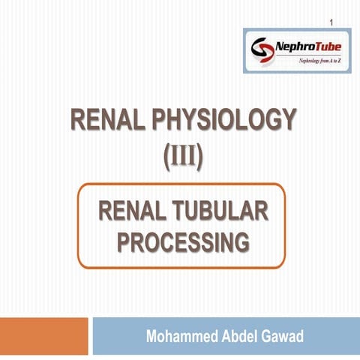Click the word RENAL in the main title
(x=108, y=119)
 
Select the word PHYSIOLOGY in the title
(x=224, y=119)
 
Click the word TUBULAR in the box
(x=220, y=211)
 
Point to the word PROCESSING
(x=183, y=241)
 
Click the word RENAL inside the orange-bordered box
(x=133, y=211)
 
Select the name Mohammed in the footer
(x=181, y=336)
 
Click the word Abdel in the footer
(x=240, y=336)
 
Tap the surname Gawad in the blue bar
(x=283, y=336)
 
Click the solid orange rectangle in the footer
(x=43, y=336)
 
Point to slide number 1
(x=331, y=22)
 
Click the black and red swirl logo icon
(x=262, y=50)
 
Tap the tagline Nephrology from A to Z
(x=319, y=61)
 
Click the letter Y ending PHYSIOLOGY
(x=289, y=119)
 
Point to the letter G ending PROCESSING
(x=241, y=241)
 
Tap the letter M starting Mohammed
(x=151, y=336)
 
